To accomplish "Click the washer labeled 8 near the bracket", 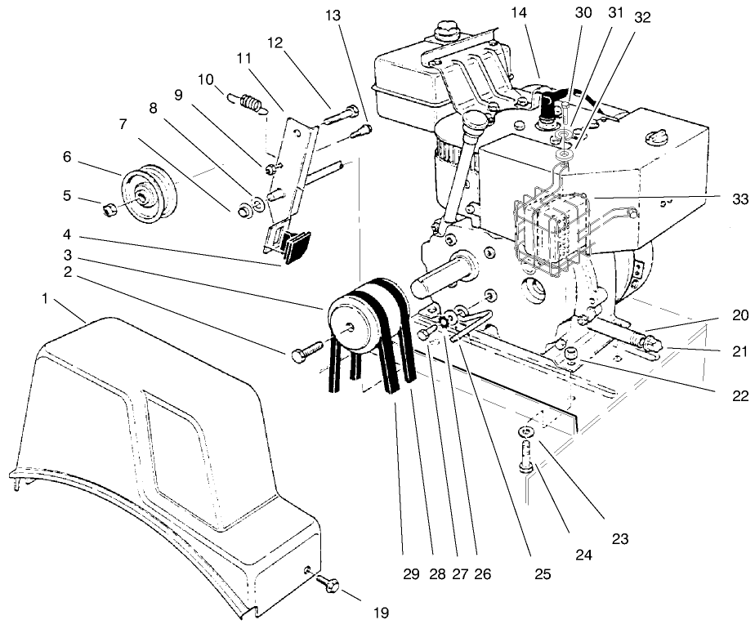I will tap(257, 202).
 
